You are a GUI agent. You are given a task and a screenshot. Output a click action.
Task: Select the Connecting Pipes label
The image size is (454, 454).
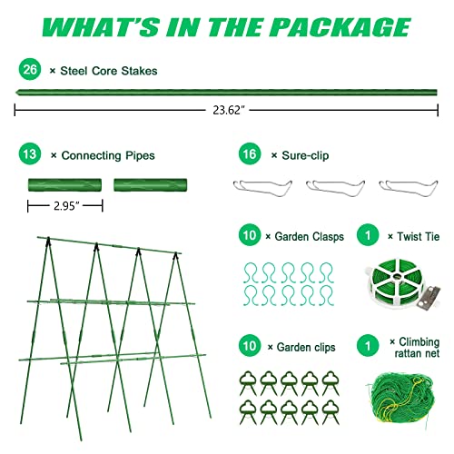(x=100, y=155)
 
